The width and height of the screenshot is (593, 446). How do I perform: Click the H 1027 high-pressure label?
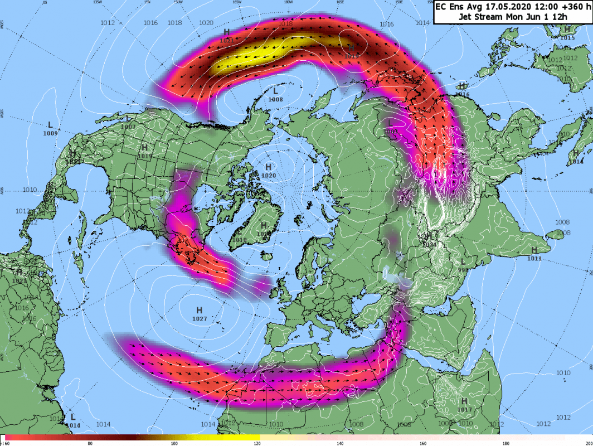tap(199, 314)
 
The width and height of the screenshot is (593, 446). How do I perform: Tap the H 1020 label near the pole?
tap(268, 171)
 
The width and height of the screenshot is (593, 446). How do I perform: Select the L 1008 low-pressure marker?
tap(275, 94)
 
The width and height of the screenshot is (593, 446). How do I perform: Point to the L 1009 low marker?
tap(50, 128)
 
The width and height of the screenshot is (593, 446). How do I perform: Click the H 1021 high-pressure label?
tap(226, 36)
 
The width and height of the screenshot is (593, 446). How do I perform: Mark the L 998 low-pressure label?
tap(462, 265)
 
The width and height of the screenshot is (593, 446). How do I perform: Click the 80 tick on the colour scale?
tap(90, 443)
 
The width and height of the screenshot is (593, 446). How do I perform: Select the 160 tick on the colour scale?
tap(423, 443)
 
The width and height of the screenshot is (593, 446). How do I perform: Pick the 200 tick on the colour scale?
tap(587, 443)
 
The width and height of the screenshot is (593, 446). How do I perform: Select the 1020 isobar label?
tap(206, 23)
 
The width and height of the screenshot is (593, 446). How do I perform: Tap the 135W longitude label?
tap(98, 2)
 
